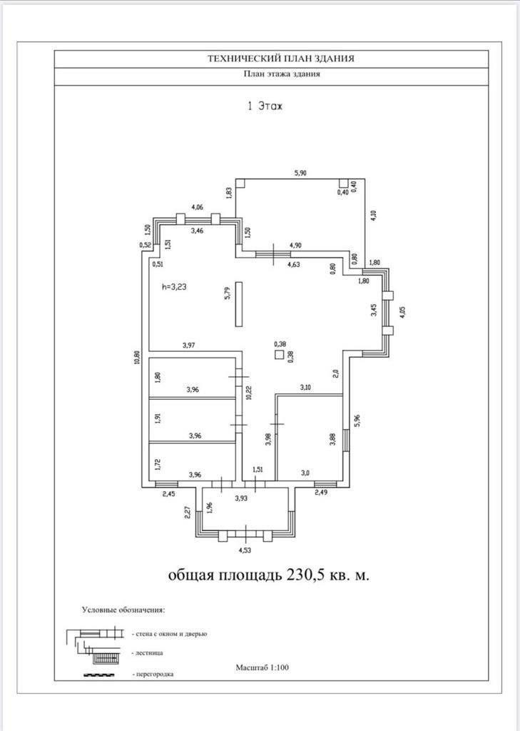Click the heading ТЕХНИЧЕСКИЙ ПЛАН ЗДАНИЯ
coord(270,59)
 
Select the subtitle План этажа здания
coord(271,75)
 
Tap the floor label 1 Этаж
coord(265,106)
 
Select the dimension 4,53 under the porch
coord(245,550)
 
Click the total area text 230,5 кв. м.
coord(328,575)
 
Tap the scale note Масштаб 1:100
coord(262,667)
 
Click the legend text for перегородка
coord(153,673)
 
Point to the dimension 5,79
coord(228,294)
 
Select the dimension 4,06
coord(198,208)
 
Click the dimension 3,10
coord(305,387)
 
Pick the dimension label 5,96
coord(358,421)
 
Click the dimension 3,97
coord(189,346)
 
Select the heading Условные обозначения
coord(123,611)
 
